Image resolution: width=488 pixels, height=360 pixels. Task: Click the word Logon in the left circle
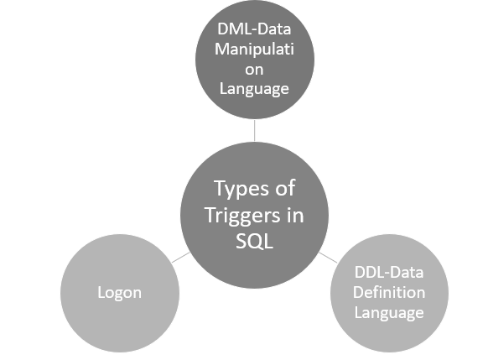click(119, 295)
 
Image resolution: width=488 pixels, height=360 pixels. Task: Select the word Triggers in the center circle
click(239, 214)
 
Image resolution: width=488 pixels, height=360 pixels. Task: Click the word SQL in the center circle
click(254, 241)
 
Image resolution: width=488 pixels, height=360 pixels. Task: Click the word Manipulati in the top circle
click(255, 50)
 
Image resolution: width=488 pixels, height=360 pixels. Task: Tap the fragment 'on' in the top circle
click(255, 69)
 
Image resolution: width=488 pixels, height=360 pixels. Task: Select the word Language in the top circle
click(255, 88)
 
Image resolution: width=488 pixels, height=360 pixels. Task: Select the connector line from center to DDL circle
click(328, 256)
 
